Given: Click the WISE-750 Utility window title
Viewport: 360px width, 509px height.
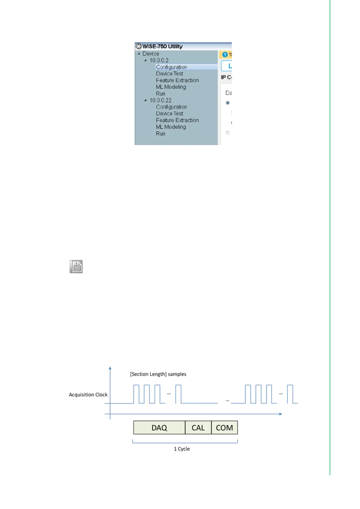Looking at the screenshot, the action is click(162, 46).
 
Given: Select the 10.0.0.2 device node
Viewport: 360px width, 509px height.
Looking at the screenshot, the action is click(159, 60).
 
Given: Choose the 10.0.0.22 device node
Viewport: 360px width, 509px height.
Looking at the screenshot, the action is click(161, 100).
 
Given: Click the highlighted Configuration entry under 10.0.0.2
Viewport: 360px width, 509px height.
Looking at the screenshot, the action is click(171, 67).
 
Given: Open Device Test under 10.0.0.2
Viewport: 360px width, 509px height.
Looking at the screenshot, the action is click(170, 74).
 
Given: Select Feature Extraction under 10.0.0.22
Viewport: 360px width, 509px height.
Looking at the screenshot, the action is click(177, 120).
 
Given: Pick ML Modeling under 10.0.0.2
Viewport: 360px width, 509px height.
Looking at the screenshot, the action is click(171, 87).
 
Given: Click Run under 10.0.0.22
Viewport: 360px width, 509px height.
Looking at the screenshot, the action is click(161, 134).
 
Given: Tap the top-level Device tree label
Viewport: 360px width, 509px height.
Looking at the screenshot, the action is click(151, 54).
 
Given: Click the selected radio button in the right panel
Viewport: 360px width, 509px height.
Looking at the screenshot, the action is click(228, 103).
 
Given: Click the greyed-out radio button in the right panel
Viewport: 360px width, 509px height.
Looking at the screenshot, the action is click(228, 133).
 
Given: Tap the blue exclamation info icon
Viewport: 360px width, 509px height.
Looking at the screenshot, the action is click(225, 55).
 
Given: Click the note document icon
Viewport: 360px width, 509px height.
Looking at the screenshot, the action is click(76, 267).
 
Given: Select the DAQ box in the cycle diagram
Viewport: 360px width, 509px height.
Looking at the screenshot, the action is click(159, 428).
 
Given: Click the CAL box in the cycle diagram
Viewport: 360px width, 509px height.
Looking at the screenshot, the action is click(198, 428).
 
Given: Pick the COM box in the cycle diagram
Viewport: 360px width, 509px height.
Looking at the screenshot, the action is click(224, 428).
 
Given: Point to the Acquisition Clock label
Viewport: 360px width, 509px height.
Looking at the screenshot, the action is click(88, 395).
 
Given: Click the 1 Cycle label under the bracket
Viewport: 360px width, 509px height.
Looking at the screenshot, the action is click(182, 449).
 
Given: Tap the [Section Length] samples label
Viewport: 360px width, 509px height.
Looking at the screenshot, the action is click(158, 374).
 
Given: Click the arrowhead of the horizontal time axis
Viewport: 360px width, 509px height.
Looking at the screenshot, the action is click(281, 414).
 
